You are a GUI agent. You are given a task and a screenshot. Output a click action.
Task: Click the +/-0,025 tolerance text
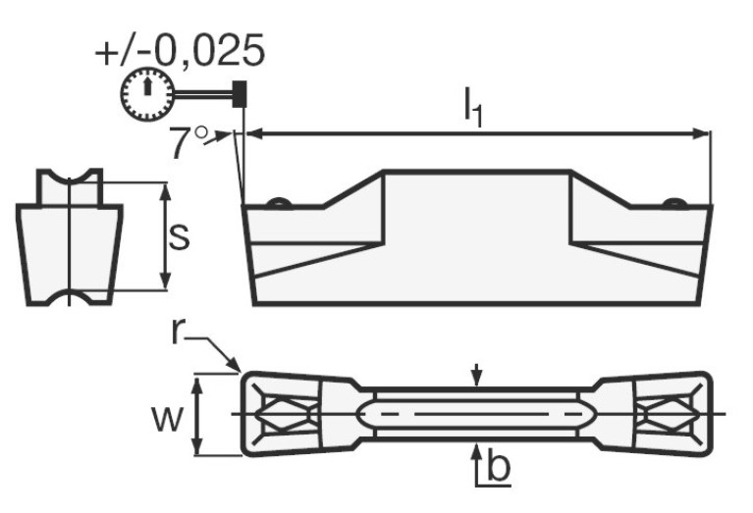coord(180,50)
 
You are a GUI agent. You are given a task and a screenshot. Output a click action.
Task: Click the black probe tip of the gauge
coord(239,94)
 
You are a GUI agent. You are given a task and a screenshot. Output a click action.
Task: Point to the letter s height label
coord(178,236)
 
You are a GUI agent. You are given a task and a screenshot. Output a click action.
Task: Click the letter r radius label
coord(177,332)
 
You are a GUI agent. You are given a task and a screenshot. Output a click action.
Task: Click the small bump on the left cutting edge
coord(280,203)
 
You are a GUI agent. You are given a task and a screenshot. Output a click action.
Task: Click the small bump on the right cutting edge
coord(673,203)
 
